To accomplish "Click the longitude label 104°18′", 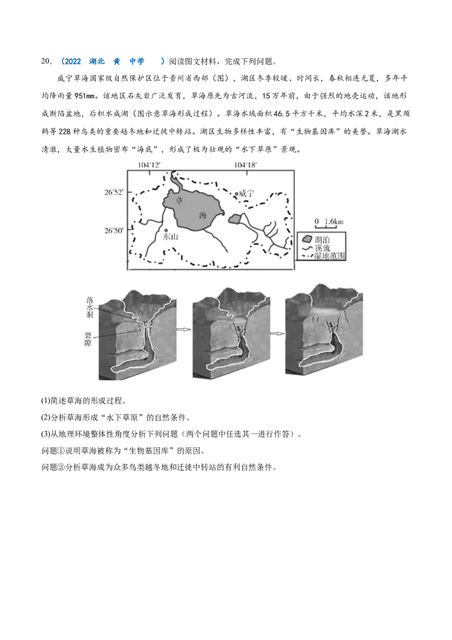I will (246, 165).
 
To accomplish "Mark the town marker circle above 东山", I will (166, 231).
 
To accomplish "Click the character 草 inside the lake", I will (180, 200).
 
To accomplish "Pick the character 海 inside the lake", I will (202, 215).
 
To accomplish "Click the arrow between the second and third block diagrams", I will (276, 333).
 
